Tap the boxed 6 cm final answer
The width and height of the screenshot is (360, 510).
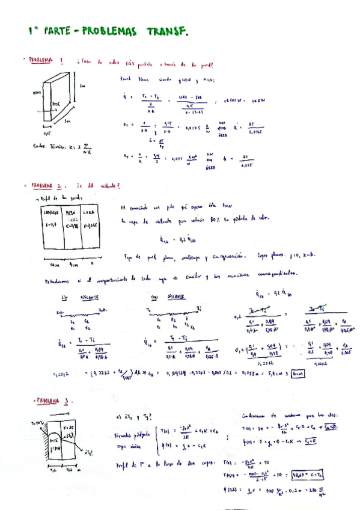click(299, 373)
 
